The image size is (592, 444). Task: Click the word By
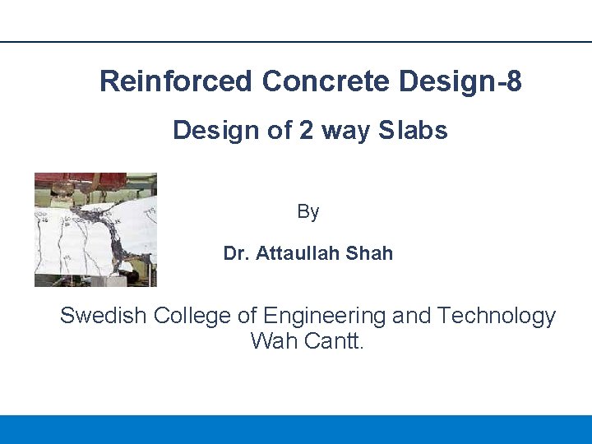[x=308, y=212]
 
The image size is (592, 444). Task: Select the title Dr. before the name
[x=237, y=254]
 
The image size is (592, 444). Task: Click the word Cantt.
[x=333, y=340]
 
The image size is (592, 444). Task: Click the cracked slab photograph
[x=95, y=229]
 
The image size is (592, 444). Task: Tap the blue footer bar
[x=296, y=429]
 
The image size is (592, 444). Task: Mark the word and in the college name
[x=412, y=317]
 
